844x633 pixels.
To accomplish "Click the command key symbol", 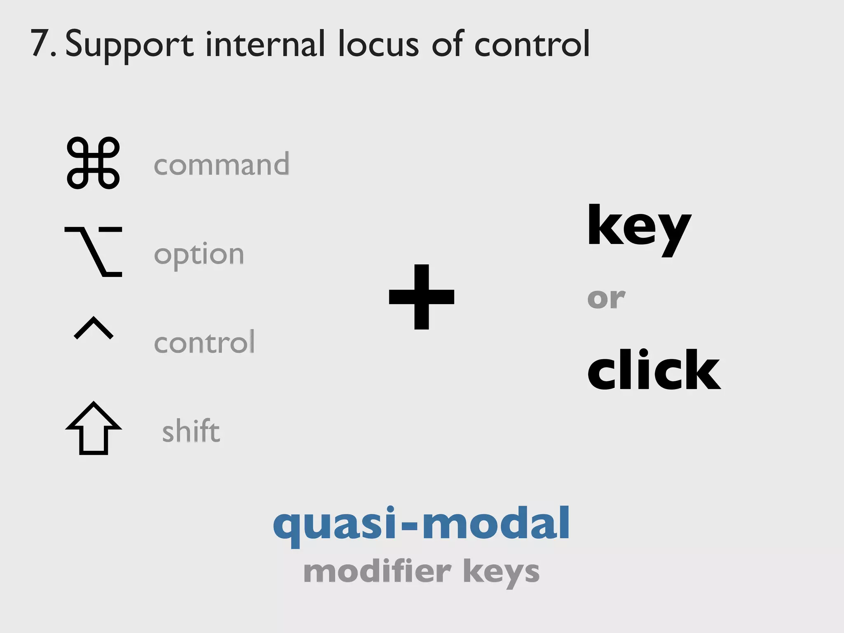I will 93,163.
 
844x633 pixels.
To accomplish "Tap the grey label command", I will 221,164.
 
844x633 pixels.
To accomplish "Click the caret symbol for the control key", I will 94,328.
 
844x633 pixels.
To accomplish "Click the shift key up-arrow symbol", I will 94,428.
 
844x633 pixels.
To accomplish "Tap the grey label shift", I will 191,431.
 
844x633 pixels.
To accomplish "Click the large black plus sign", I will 422,297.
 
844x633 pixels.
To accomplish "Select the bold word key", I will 639,229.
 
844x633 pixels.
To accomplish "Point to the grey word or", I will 606,298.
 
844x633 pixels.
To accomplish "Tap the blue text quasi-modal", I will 422,525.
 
